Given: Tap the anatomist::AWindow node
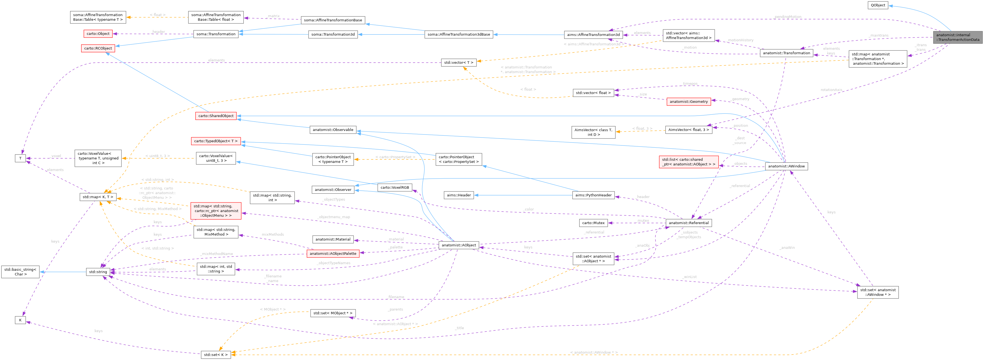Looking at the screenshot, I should (x=786, y=166).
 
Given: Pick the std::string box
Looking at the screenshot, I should (x=98, y=272).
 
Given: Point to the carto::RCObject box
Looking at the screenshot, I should (x=98, y=48).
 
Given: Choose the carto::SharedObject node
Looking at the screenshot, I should (x=216, y=116).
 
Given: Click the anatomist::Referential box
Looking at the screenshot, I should (x=688, y=223).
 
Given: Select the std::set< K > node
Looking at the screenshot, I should (x=216, y=355).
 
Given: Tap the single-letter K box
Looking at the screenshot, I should (x=20, y=320).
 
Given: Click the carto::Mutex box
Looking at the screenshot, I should (x=593, y=223).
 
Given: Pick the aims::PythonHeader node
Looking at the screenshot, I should (x=593, y=195).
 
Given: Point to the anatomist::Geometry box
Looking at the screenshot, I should (x=688, y=102).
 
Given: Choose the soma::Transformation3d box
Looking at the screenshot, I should (x=333, y=35).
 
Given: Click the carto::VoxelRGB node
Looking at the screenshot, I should (x=395, y=188).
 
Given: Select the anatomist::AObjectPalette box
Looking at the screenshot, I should (x=333, y=254).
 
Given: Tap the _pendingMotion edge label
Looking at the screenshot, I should (x=787, y=17).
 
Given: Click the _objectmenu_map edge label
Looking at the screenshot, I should (x=334, y=217).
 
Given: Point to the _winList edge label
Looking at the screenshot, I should (x=690, y=277).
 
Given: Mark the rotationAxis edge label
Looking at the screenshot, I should (x=831, y=90).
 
